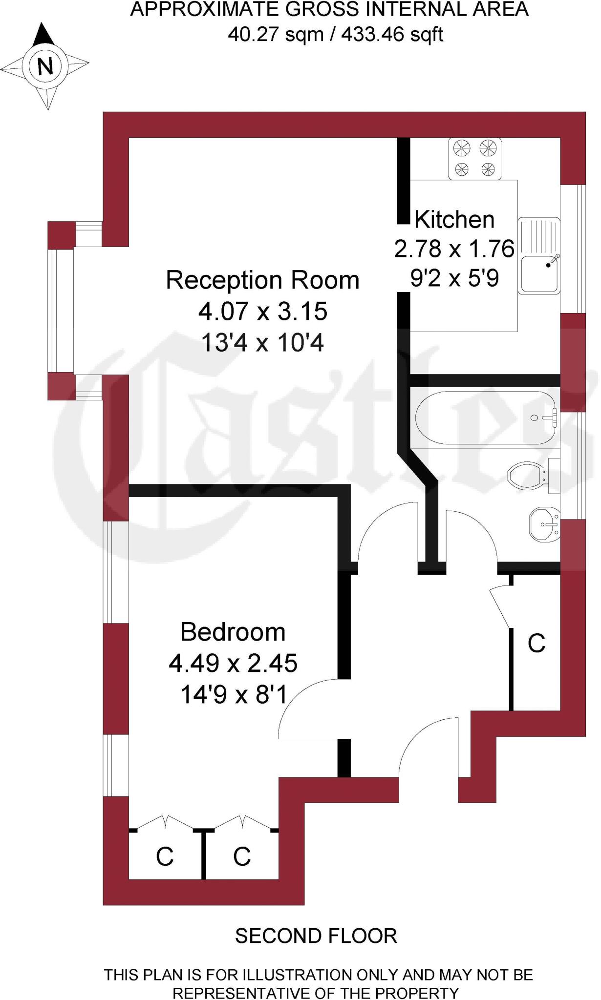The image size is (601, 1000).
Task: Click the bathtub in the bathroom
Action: point(486,417)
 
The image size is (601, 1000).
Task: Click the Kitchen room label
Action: point(454,220)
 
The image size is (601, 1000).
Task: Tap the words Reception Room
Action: point(262,280)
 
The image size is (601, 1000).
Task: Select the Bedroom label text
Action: point(233,632)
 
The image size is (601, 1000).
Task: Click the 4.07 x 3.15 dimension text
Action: point(262,312)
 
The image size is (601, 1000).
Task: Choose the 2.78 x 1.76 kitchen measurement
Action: point(454,249)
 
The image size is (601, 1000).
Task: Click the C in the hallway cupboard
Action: point(537,644)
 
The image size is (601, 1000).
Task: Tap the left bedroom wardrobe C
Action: point(165,856)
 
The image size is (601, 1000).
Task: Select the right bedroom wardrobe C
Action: point(242,856)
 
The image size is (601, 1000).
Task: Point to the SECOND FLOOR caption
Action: point(316,936)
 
